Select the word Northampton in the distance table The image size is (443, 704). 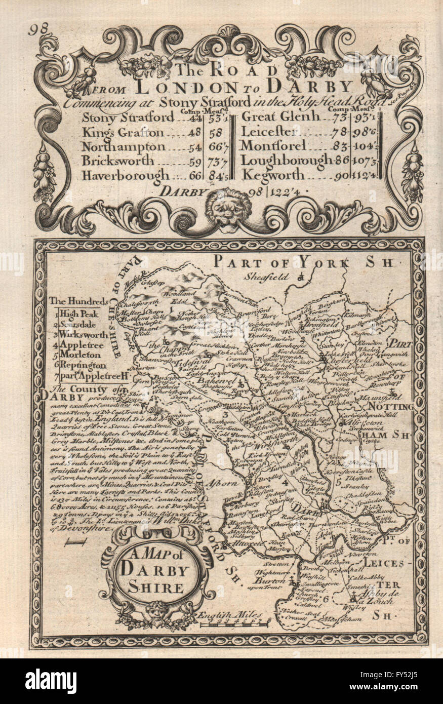pos(124,147)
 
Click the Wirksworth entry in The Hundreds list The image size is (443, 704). pos(83,335)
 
